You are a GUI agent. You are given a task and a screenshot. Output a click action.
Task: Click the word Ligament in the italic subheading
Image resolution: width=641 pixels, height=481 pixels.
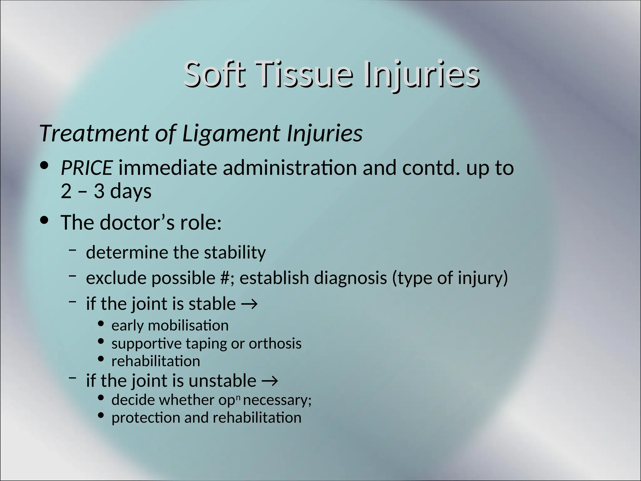(x=231, y=133)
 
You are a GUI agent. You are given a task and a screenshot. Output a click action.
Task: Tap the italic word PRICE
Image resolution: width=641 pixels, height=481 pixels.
(x=87, y=168)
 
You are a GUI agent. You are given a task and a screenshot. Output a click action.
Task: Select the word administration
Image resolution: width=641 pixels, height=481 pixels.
(x=290, y=168)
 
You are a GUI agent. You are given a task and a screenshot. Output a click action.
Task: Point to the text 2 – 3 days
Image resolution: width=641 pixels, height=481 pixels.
(x=106, y=191)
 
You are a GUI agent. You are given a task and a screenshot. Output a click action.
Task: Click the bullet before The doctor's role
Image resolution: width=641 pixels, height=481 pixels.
(x=45, y=220)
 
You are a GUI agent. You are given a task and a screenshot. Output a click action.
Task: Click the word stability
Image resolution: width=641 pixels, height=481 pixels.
(x=235, y=252)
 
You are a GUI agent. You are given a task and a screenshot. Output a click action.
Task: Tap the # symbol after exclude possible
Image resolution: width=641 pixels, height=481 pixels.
(x=225, y=278)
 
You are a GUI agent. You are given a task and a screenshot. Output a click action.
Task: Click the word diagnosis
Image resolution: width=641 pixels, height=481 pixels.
(x=350, y=278)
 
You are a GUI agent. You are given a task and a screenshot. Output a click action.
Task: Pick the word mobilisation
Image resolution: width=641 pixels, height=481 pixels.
(x=188, y=326)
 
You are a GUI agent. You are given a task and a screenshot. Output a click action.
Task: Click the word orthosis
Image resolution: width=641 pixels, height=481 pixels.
(x=275, y=344)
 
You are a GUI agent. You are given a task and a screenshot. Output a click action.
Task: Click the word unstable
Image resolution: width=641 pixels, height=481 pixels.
(x=222, y=381)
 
